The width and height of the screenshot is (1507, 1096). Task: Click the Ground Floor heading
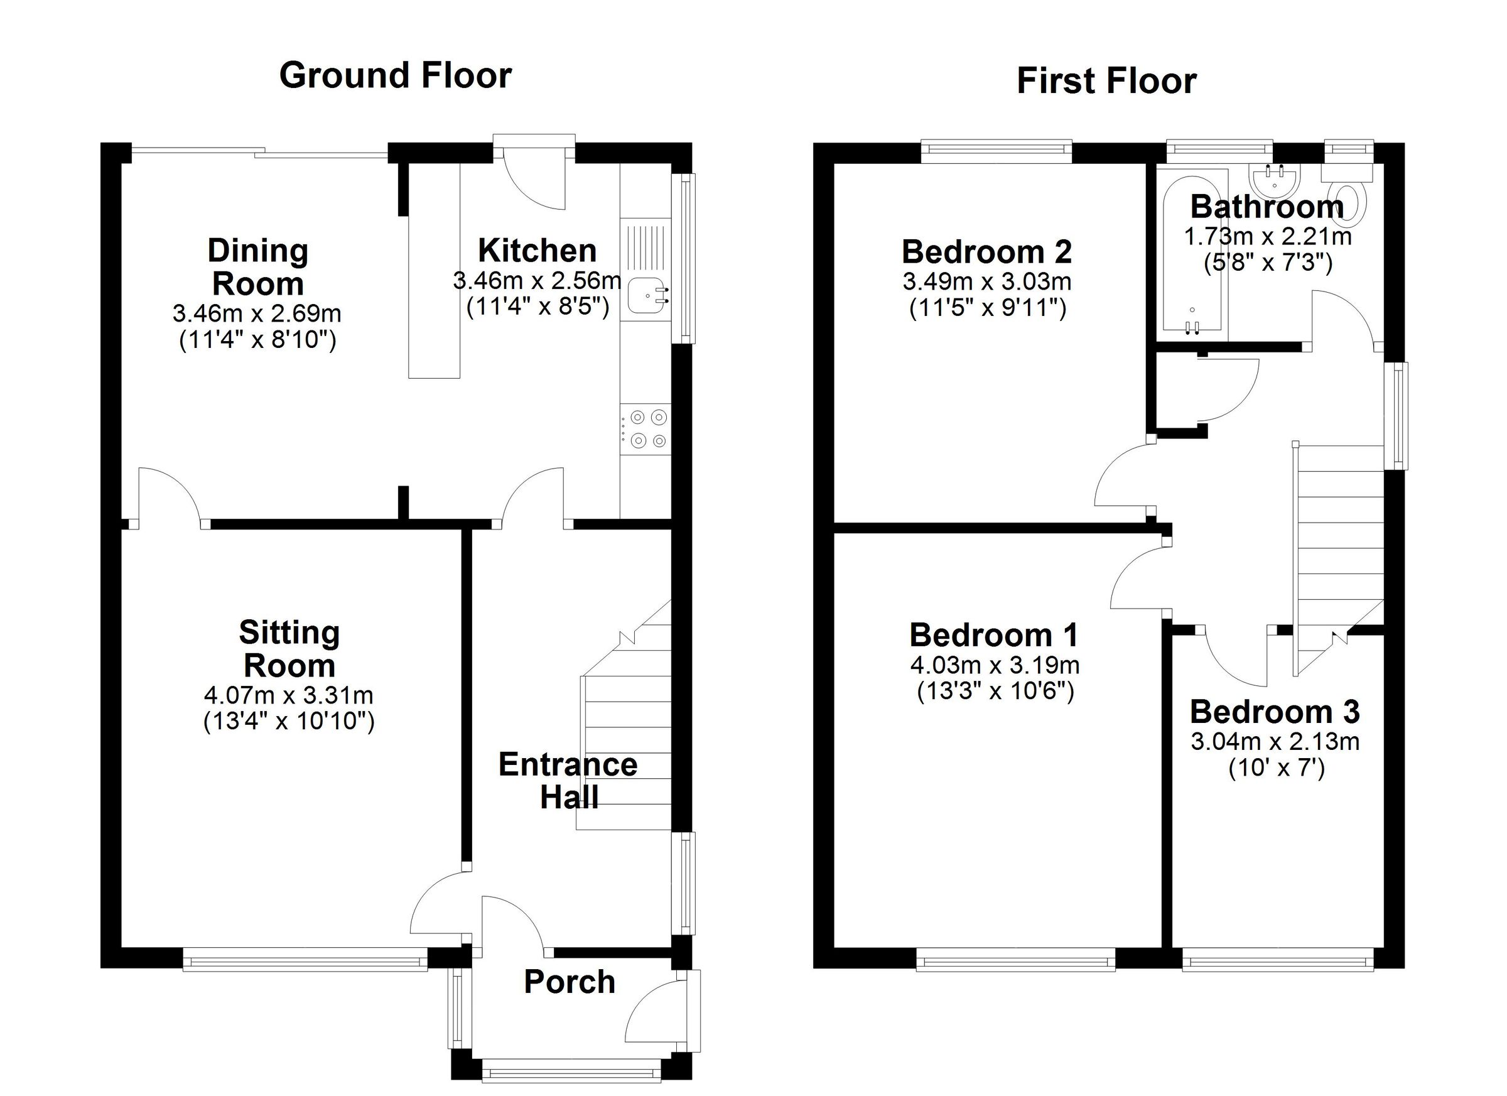pos(396,75)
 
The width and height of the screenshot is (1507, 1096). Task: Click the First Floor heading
pos(1106,81)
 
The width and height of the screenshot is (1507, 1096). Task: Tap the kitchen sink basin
pos(644,295)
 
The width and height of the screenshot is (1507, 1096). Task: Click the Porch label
pos(570,982)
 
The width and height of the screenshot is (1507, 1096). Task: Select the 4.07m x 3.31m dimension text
pos(288,695)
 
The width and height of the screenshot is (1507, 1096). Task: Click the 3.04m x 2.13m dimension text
pos(1275,741)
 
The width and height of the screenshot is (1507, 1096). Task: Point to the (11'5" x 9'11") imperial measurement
pos(987,308)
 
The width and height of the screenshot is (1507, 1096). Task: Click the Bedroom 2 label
pos(986,252)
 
